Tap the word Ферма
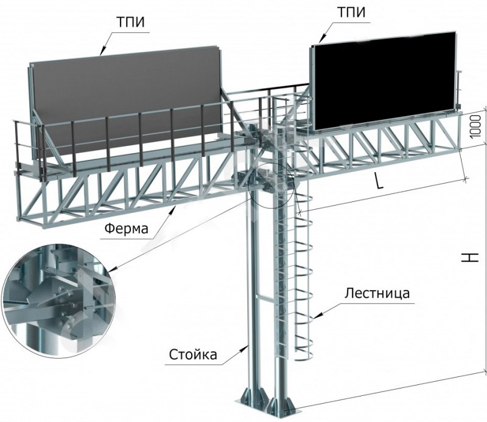[127, 230]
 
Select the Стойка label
[193, 354]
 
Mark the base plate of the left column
[251, 398]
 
